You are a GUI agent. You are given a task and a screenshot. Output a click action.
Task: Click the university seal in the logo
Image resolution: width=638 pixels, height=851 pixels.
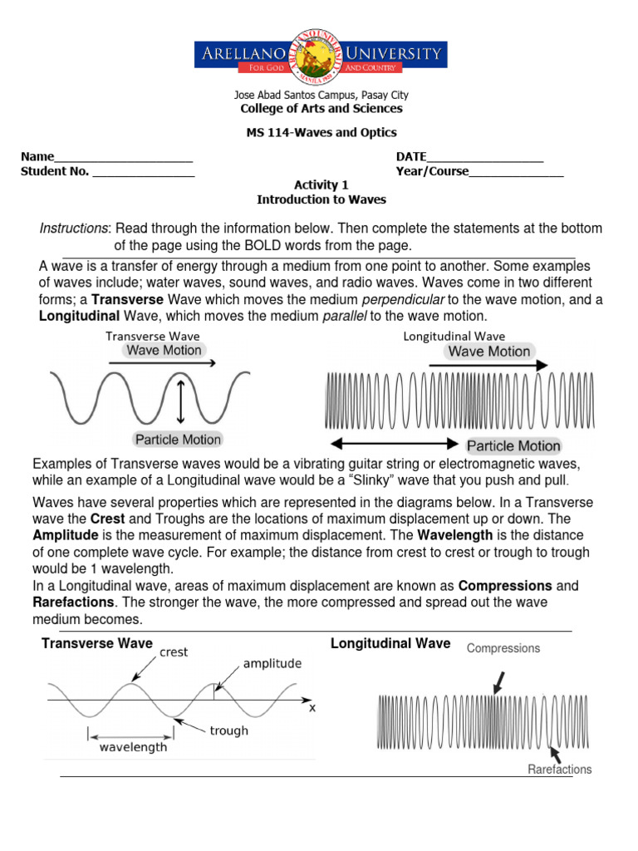(x=320, y=55)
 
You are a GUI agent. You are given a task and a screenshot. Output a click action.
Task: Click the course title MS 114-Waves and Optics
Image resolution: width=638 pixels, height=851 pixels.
(x=321, y=133)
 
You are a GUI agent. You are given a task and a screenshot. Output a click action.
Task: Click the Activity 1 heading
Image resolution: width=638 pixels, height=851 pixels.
(x=321, y=185)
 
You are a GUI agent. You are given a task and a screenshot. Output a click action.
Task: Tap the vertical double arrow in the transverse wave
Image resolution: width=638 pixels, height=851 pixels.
(x=181, y=400)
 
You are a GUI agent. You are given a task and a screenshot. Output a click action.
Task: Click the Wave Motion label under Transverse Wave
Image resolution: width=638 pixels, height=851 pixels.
(x=164, y=351)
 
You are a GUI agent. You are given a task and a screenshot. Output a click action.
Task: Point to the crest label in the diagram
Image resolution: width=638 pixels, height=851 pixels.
(x=174, y=653)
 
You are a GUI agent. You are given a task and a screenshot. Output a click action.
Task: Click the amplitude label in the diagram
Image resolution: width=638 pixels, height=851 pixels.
(x=272, y=664)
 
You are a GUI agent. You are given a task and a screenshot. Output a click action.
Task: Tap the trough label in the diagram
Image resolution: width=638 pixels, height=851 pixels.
(x=228, y=730)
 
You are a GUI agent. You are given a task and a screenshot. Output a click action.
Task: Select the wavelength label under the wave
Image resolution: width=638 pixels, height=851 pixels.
(x=133, y=747)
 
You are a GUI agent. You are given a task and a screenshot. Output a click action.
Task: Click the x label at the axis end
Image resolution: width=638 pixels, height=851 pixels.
(x=312, y=709)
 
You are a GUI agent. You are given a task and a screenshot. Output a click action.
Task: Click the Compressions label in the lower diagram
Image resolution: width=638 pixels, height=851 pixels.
(x=503, y=648)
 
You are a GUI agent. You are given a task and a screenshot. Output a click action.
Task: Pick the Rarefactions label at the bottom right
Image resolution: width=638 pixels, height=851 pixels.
(x=560, y=770)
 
